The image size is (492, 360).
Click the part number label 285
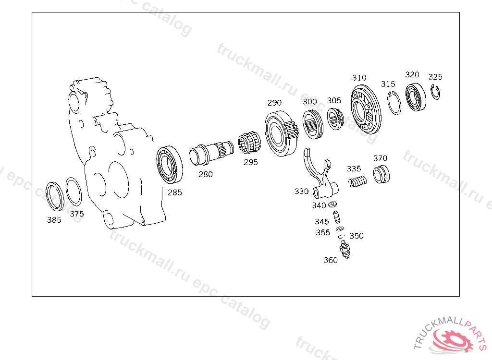[x=174, y=192]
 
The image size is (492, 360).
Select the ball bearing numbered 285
[x=170, y=165]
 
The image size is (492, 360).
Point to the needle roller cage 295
[x=249, y=143]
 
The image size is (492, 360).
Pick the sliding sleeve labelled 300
[x=313, y=124]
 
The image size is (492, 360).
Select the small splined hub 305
[x=335, y=119]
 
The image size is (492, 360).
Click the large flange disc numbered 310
[x=366, y=109]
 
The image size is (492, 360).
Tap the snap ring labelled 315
[x=394, y=103]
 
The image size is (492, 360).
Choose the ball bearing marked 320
[x=416, y=97]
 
